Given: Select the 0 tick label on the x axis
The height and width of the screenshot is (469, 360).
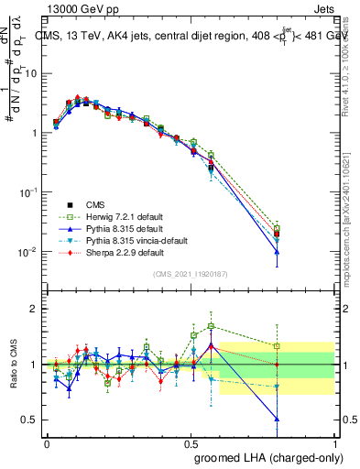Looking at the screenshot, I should point(47,442).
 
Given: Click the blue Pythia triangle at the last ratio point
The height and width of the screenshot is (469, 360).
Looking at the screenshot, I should point(278,418).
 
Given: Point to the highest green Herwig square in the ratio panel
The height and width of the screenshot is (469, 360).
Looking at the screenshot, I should point(212,326).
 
